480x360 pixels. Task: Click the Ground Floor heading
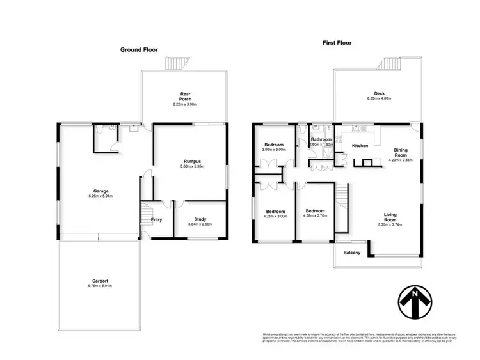tap(140, 49)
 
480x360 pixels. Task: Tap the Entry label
tap(156, 220)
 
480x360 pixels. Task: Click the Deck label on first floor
tap(380, 93)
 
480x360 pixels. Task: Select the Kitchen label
tap(360, 146)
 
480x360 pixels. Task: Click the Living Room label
tap(390, 217)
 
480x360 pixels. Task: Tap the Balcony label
tap(352, 253)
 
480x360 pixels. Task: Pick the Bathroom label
tap(321, 139)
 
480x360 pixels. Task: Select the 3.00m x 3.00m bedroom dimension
tap(275, 150)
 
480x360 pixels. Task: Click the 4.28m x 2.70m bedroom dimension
tap(316, 216)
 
